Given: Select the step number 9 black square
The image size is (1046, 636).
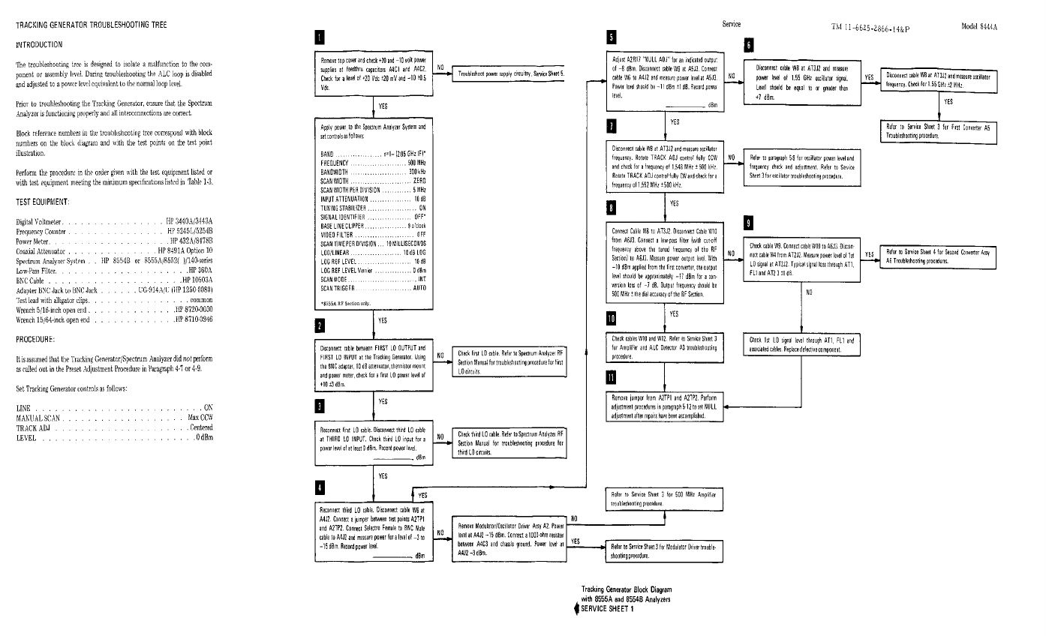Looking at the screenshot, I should [x=748, y=223].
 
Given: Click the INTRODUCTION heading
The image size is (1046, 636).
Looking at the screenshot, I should [x=44, y=46].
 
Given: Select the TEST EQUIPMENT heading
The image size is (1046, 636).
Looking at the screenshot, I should [x=44, y=202].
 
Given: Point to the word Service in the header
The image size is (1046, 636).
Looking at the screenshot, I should [x=731, y=24].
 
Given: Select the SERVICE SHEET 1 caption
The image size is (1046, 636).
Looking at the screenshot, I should [x=607, y=608].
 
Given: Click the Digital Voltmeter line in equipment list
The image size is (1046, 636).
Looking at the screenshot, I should [x=115, y=222].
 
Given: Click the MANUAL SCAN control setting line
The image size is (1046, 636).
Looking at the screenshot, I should [x=115, y=417].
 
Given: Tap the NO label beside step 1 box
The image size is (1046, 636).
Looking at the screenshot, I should [x=441, y=67].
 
